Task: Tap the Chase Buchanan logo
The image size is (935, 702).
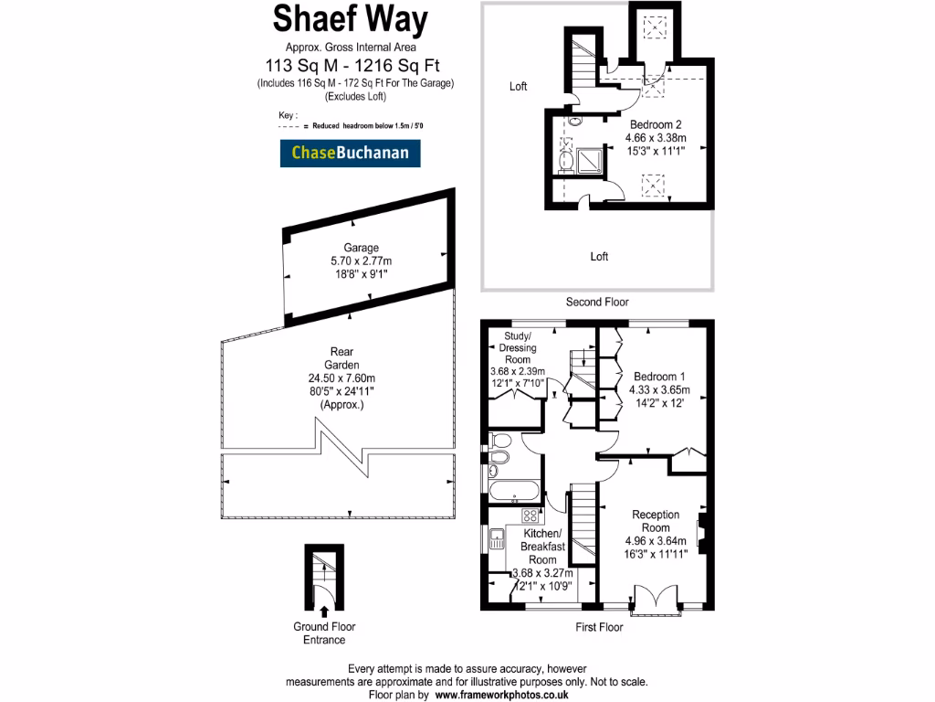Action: (x=350, y=154)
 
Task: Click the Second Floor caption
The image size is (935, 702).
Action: (x=597, y=302)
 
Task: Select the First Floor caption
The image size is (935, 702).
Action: (x=599, y=627)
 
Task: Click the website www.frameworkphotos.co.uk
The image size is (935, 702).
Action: (x=501, y=695)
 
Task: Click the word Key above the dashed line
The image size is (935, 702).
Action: (x=289, y=115)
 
